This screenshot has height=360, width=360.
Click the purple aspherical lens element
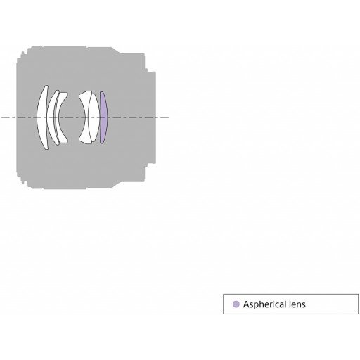pyautogui.click(x=103, y=117)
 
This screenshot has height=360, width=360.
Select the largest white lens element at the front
pyautogui.click(x=41, y=117)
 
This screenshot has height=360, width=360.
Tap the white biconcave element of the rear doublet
pyautogui.click(x=85, y=117)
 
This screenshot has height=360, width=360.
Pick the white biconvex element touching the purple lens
pyautogui.click(x=94, y=117)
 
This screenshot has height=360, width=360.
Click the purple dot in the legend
pyautogui.click(x=236, y=304)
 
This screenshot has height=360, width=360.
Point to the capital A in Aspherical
pyautogui.click(x=246, y=304)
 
